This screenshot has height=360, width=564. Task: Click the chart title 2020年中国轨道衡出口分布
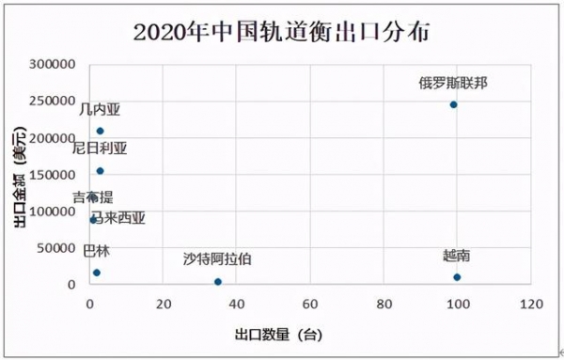[x=281, y=31]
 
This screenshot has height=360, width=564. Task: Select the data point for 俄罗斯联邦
[x=453, y=104]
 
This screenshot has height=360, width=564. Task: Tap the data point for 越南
[x=457, y=277]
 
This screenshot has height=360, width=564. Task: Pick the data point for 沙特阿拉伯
[x=218, y=282]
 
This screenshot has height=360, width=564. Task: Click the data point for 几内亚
[x=101, y=131]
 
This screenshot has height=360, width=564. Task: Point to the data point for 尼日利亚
[x=101, y=171]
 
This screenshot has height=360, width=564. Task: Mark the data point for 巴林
[x=96, y=273]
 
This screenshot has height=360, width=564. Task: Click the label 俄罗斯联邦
[x=453, y=83]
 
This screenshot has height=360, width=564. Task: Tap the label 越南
[x=457, y=256]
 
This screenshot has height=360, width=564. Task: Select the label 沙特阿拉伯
[x=218, y=258]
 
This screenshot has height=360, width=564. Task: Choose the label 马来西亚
[x=117, y=218]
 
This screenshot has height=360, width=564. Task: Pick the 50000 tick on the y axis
[x=58, y=248]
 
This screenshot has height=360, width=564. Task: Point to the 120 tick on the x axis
[x=531, y=305]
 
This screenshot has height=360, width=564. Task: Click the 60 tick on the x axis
[x=310, y=305]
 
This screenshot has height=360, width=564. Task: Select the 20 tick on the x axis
[x=163, y=305]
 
